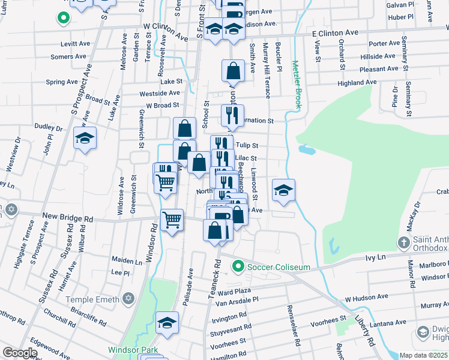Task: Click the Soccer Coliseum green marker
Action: click(238, 266)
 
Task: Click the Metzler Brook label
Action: click(296, 84)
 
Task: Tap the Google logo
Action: click(20, 353)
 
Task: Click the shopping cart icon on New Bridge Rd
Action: click(172, 220)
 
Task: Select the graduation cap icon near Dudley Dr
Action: click(85, 139)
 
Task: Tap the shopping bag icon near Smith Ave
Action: click(233, 71)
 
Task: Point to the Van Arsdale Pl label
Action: click(237, 299)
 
